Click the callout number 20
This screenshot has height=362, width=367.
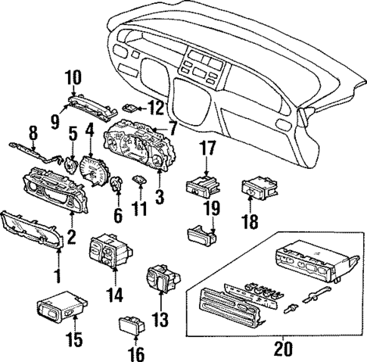[x=283, y=349]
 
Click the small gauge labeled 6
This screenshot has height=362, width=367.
[x=118, y=186]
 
